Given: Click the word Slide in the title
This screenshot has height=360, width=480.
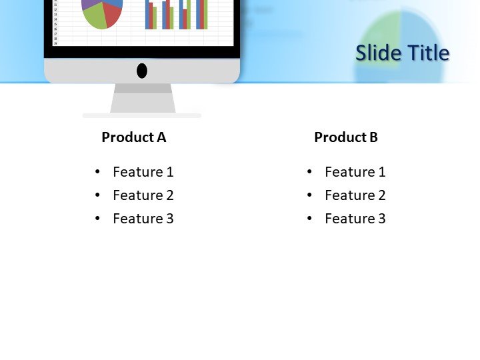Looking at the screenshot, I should click(377, 53).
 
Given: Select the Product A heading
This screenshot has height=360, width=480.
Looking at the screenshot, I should click(133, 137).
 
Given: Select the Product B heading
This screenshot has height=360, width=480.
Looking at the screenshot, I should click(346, 137).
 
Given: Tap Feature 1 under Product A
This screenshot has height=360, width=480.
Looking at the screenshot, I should click(143, 172).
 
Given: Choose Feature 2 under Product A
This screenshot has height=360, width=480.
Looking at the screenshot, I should click(143, 195).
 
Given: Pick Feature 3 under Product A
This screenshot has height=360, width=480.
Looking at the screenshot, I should click(143, 219).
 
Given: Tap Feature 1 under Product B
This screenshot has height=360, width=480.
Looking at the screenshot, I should click(355, 172).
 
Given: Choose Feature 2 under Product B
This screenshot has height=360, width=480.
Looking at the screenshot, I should click(355, 195).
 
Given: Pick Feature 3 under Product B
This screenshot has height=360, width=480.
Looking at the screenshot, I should click(355, 219).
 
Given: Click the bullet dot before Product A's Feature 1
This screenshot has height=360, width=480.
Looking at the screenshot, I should click(98, 172).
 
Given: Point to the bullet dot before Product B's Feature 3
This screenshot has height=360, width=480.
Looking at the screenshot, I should click(310, 219).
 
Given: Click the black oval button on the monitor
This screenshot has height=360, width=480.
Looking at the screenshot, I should click(142, 71).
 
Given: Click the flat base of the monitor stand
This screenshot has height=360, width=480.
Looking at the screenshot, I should click(142, 116).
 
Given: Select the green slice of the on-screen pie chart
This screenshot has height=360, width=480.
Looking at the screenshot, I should click(95, 18).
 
